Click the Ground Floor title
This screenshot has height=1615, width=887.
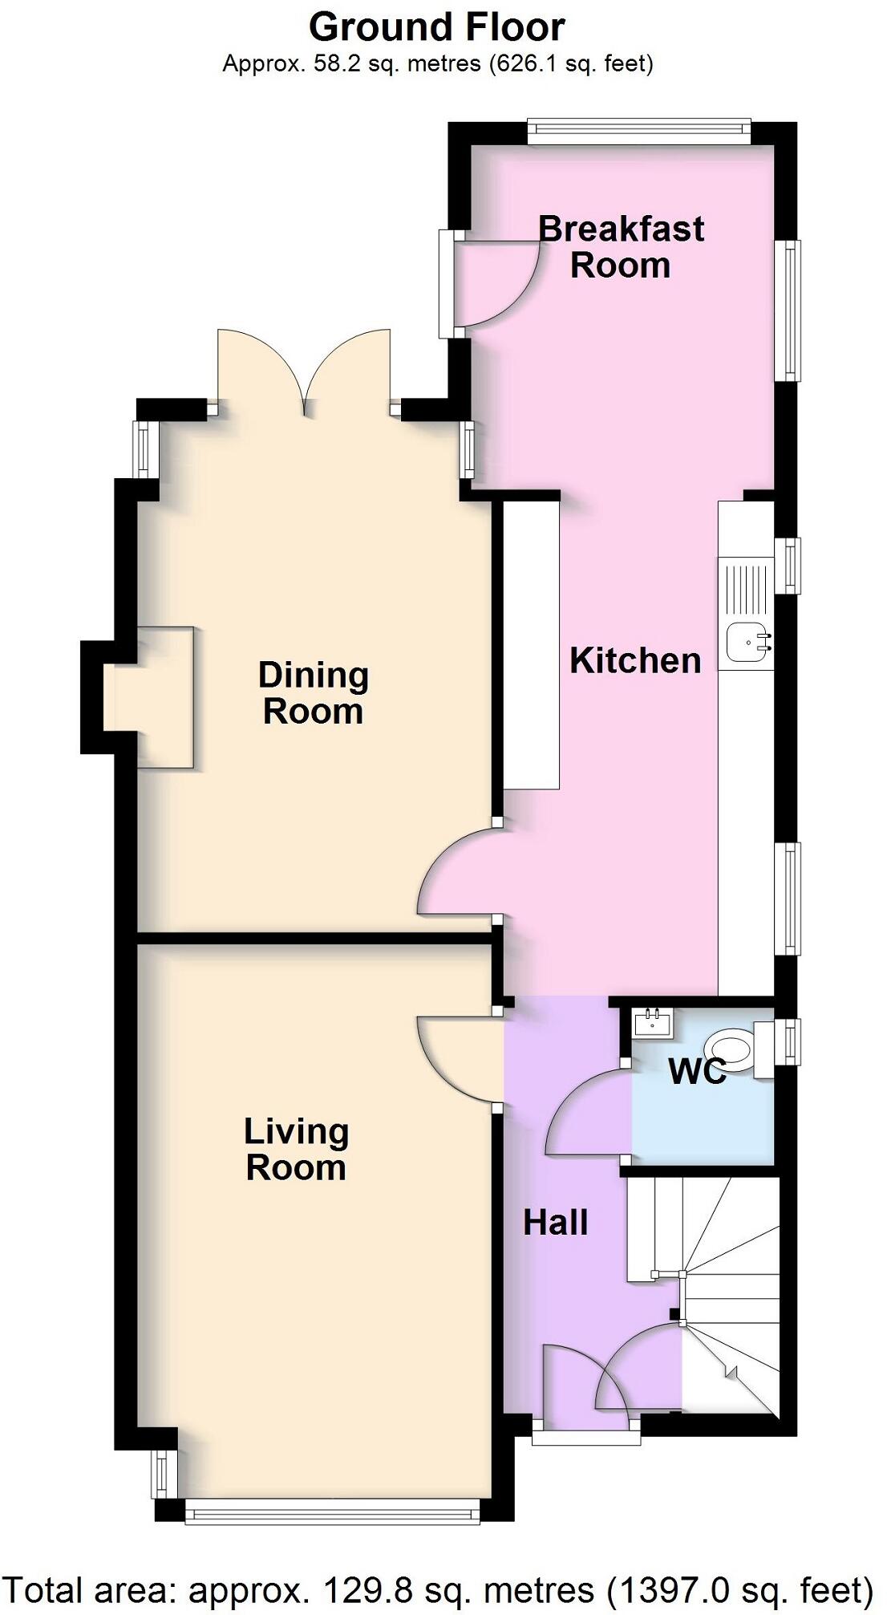436,27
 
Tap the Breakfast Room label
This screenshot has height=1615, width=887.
621,246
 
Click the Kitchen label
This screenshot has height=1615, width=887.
635,660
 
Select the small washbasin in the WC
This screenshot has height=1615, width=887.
654,1022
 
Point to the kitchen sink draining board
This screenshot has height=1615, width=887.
745,590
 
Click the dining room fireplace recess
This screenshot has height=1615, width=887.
152,696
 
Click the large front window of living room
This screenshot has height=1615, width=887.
332,1512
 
